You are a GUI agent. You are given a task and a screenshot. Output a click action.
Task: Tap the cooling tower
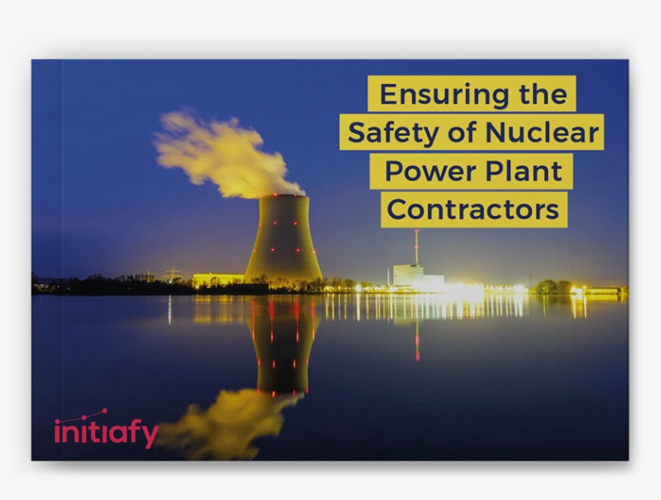[x=283, y=238]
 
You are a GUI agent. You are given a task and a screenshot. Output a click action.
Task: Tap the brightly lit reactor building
[x=416, y=276]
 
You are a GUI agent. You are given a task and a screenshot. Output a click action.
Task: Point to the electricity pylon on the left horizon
[x=172, y=273]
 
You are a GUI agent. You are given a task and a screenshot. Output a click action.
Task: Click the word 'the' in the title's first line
[x=542, y=94]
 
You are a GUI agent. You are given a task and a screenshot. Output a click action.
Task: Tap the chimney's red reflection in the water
[x=417, y=339]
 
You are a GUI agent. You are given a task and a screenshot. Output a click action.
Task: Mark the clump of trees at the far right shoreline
[x=554, y=285]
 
